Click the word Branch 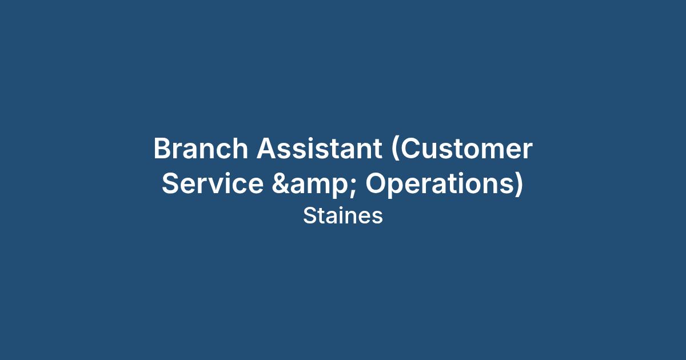(x=201, y=149)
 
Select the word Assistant (x=320, y=149)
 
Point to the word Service (x=213, y=183)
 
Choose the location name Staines (x=343, y=216)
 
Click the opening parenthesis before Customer (x=396, y=149)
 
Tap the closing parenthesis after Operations (x=519, y=183)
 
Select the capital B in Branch (x=162, y=149)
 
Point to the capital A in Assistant (x=268, y=149)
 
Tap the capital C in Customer (x=411, y=149)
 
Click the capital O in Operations (x=377, y=183)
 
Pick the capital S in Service (x=171, y=183)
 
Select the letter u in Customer (x=432, y=151)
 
